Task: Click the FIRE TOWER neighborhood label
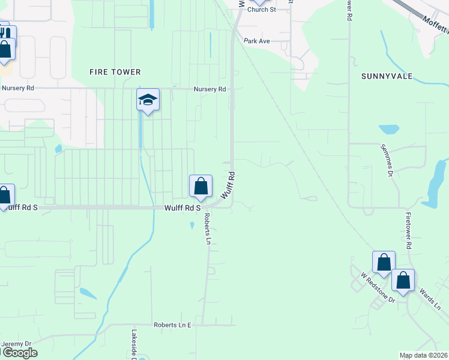coord(115,72)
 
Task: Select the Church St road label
coord(261,10)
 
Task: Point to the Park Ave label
coord(257,41)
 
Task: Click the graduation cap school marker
coord(148,100)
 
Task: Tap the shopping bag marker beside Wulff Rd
coord(200,187)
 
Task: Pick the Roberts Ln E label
coord(172,325)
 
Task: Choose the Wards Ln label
coord(430,298)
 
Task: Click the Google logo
coord(19,353)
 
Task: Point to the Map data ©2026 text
coord(423,355)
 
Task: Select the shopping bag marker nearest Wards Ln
coord(403,281)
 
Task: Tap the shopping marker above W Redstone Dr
coord(384,263)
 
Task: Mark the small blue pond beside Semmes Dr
coord(389,129)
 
